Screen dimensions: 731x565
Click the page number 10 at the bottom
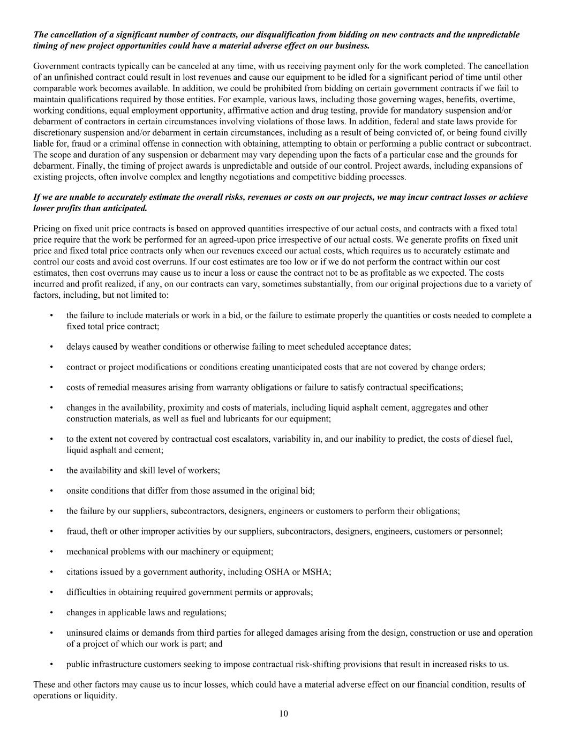coord(283,713)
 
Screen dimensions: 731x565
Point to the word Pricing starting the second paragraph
coord(47,229)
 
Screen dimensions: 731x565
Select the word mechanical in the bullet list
coord(87,552)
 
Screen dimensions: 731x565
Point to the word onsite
coord(78,491)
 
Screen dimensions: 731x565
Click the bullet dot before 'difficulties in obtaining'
coord(51,592)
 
